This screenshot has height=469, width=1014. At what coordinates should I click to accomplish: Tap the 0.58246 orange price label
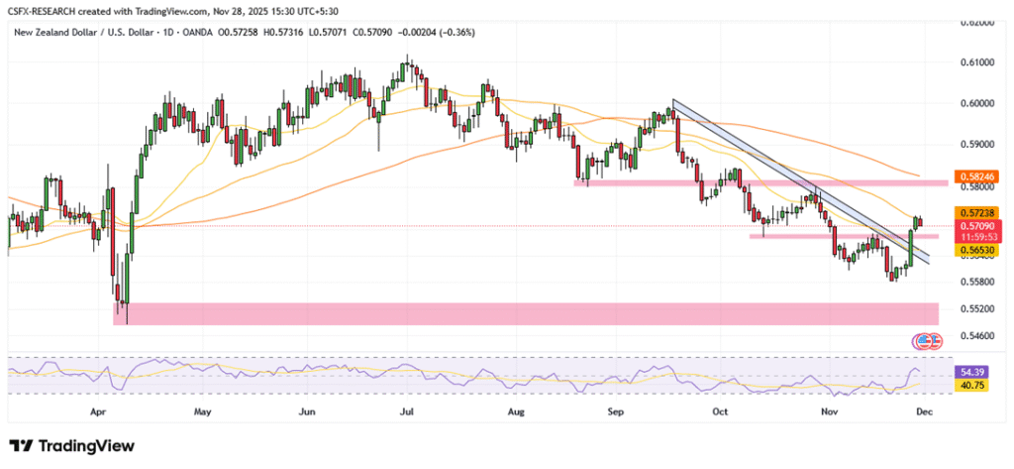(x=974, y=183)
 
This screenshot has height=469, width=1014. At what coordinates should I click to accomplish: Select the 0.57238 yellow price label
(x=974, y=212)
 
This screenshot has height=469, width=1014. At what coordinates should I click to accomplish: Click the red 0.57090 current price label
(x=974, y=226)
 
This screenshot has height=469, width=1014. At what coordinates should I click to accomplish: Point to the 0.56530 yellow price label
(x=974, y=251)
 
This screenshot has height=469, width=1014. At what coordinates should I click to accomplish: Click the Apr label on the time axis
(x=97, y=409)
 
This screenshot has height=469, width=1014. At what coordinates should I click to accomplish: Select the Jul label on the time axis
(x=407, y=409)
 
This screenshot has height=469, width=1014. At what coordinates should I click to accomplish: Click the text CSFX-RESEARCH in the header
(x=51, y=10)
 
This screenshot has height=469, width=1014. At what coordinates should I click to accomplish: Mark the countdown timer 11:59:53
(x=974, y=238)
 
